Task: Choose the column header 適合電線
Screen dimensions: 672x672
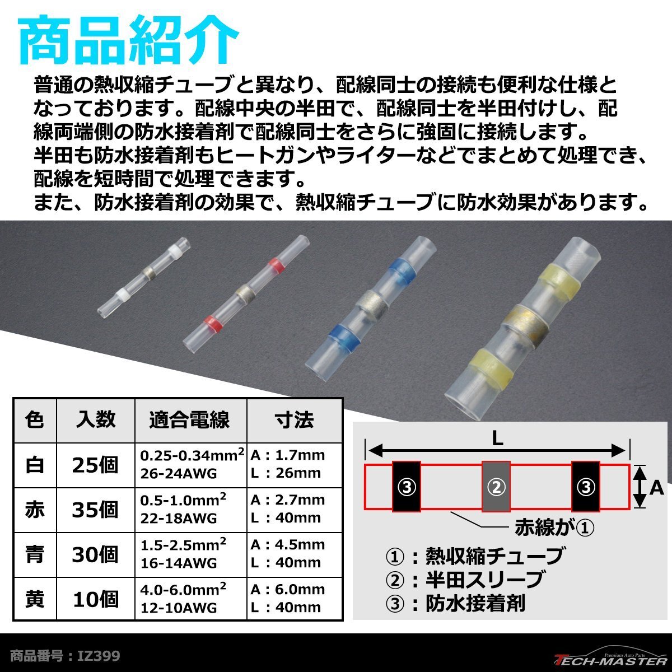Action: click(190, 419)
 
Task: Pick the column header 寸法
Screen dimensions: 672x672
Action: click(294, 419)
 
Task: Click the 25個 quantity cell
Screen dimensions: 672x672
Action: click(95, 465)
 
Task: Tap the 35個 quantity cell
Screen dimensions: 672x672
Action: click(95, 510)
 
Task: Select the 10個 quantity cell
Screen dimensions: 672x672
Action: click(95, 599)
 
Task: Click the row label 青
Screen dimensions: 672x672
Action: click(35, 554)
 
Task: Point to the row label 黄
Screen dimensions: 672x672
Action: click(35, 599)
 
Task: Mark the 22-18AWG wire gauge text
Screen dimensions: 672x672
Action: click(179, 518)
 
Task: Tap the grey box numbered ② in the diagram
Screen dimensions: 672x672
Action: click(496, 487)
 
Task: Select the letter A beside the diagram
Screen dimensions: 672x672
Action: click(656, 488)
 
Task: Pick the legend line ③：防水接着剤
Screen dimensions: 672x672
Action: click(455, 603)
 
